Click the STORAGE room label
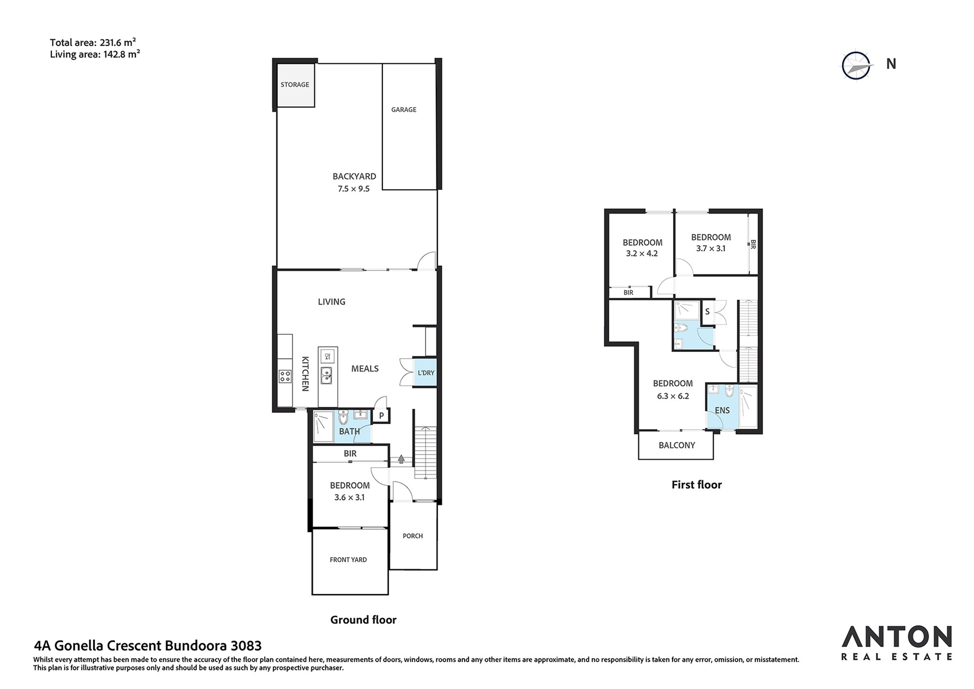coord(295,85)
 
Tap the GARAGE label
coord(404,110)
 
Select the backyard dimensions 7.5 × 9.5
coord(354,189)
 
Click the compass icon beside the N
coord(856,65)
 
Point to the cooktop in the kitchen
coord(285,376)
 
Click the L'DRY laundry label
coord(426,373)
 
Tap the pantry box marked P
coord(382,416)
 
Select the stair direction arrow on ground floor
coord(401,459)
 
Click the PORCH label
coord(412,536)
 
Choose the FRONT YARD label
coord(348,560)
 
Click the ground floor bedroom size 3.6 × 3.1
coord(349,498)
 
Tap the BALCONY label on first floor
coord(676,445)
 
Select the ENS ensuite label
coord(722,411)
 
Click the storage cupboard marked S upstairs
coord(707,312)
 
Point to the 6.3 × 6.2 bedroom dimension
coord(673,396)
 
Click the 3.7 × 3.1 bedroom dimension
coord(711,249)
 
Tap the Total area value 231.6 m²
coord(118,42)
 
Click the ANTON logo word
coord(897,637)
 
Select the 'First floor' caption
coord(696,485)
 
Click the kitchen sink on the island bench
coord(326,376)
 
